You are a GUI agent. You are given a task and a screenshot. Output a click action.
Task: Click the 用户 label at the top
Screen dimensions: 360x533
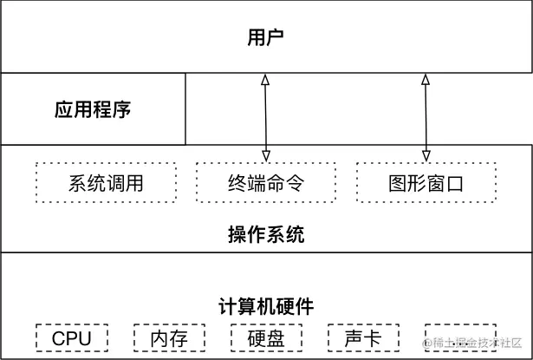[x=266, y=37]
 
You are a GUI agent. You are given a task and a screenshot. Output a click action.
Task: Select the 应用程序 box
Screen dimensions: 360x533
[x=93, y=109]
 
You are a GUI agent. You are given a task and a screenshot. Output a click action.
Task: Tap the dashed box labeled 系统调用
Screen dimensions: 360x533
[x=105, y=183]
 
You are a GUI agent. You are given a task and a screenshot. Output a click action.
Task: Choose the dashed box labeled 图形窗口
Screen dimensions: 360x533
[x=426, y=183]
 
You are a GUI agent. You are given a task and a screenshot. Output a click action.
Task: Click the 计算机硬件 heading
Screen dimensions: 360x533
[x=266, y=306]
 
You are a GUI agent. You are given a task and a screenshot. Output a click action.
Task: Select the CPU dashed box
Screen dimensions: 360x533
[x=72, y=338]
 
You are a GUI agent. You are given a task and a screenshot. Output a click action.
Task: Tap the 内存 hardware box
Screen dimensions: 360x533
[x=169, y=338]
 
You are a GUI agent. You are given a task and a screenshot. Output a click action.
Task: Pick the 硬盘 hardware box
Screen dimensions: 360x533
[x=266, y=338]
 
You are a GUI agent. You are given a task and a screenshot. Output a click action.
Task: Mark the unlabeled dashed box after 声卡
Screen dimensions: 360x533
[x=460, y=338]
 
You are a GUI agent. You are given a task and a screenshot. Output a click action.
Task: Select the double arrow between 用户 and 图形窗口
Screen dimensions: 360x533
[x=426, y=117]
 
